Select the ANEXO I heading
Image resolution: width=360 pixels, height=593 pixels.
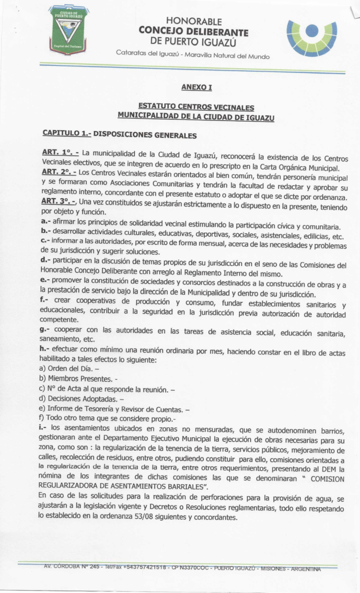pos(197,87)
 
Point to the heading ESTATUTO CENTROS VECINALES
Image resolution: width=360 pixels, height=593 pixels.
pos(196,107)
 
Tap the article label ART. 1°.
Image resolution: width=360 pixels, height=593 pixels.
pos(60,152)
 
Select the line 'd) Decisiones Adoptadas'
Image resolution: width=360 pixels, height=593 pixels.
pos(81,398)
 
